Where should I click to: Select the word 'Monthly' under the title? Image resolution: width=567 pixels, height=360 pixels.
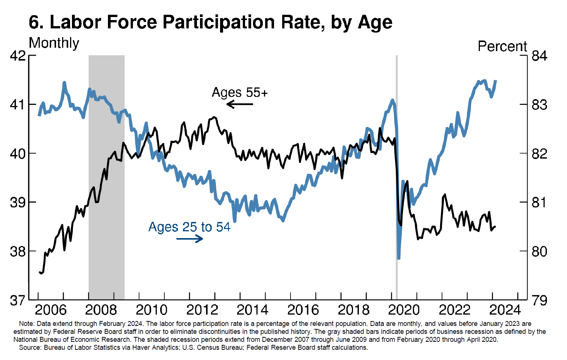(x=54, y=43)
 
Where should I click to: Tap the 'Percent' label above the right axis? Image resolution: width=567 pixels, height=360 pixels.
(x=502, y=46)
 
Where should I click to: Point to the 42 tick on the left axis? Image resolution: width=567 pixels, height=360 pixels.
(x=18, y=56)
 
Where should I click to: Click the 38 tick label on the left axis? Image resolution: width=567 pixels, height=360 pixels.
(x=18, y=251)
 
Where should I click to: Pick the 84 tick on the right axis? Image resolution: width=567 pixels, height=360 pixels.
(x=539, y=56)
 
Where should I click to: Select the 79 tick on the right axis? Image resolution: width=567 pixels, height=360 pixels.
(x=539, y=300)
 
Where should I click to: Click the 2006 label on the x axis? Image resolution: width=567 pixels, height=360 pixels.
(x=50, y=310)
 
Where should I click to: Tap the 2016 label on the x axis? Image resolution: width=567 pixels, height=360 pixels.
(x=303, y=310)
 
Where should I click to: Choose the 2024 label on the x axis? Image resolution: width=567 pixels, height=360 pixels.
(x=505, y=310)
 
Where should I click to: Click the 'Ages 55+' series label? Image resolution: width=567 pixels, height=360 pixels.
(x=240, y=92)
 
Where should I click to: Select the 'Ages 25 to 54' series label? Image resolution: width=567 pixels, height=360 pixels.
(x=189, y=227)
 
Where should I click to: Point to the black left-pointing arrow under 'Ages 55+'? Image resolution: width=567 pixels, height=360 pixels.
(x=239, y=104)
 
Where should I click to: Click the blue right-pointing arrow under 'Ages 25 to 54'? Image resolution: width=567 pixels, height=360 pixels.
(x=190, y=238)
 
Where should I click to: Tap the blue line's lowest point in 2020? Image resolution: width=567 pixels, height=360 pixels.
(x=398, y=258)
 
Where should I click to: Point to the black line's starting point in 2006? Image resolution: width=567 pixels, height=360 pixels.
(x=39, y=272)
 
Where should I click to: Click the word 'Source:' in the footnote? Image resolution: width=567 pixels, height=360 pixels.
(x=30, y=348)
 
